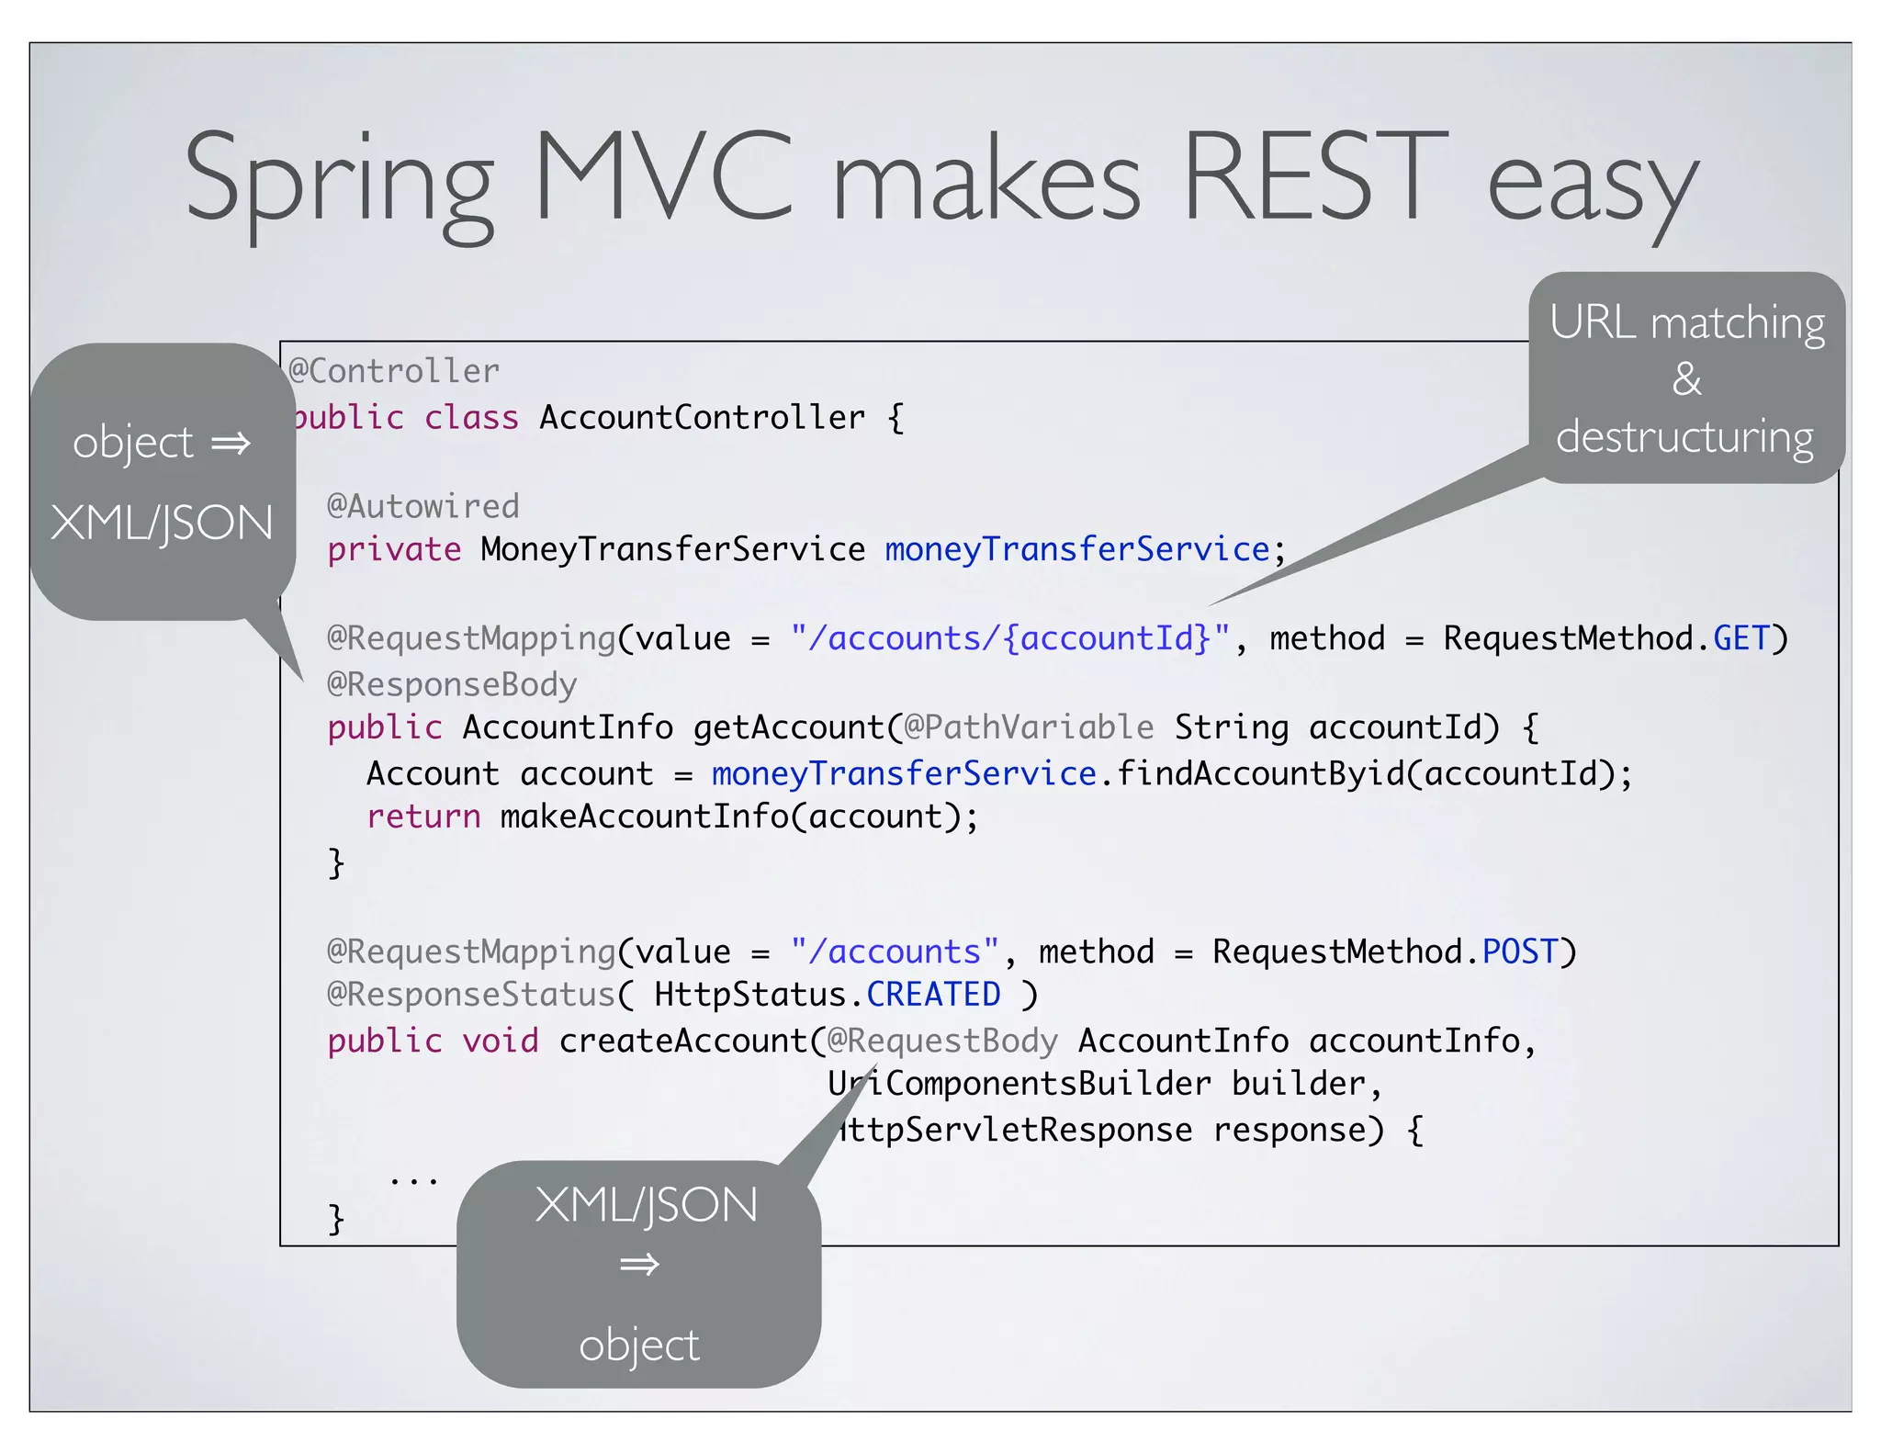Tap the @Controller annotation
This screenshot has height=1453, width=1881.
click(394, 371)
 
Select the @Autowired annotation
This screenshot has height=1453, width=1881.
click(423, 506)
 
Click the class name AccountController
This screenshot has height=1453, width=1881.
click(702, 417)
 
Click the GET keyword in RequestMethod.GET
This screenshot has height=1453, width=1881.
click(1740, 638)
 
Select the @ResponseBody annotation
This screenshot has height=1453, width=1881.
click(452, 684)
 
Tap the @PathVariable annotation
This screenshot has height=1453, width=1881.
click(1029, 727)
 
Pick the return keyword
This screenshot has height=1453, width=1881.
click(423, 817)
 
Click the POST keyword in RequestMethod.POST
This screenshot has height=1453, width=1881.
click(1520, 952)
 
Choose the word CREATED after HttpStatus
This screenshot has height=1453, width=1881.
click(933, 995)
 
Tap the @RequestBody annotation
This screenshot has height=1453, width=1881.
click(942, 1041)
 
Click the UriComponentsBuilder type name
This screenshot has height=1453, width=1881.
click(1019, 1084)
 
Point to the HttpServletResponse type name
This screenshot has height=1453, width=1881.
click(1019, 1130)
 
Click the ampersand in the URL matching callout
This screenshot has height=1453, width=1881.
click(1686, 379)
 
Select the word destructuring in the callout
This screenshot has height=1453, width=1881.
click(1684, 437)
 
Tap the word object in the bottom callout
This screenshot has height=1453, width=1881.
click(639, 1345)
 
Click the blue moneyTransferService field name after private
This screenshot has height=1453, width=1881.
click(1076, 549)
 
